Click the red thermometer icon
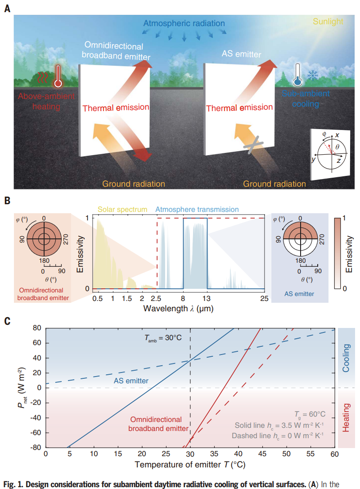tap(58, 76)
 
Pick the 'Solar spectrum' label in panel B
tap(122, 209)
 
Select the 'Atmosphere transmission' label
tap(197, 209)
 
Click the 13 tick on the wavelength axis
tap(207, 298)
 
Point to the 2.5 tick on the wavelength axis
tap(157, 298)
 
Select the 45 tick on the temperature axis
tap(262, 454)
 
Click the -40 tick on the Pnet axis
tap(37, 417)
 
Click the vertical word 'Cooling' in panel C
tap(346, 358)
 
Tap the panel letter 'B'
tap(7, 200)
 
